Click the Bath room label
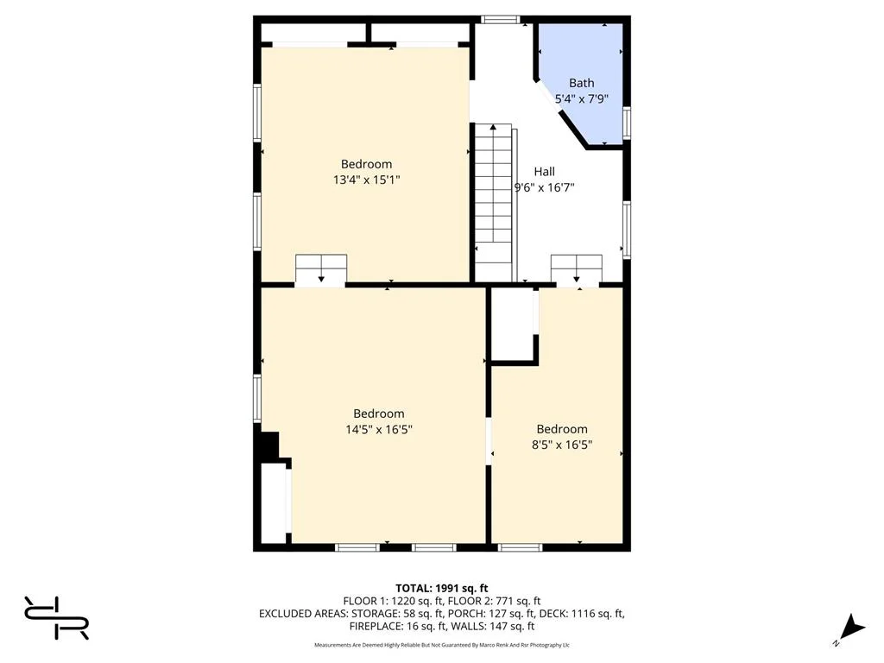click(581, 83)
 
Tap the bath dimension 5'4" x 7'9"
click(581, 98)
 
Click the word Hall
click(544, 171)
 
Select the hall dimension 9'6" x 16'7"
click(544, 186)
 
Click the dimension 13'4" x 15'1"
click(366, 180)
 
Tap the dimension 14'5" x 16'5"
click(378, 429)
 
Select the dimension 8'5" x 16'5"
click(562, 445)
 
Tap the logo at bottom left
click(57, 617)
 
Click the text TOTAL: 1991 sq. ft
click(441, 587)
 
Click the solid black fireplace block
click(267, 446)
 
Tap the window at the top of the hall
click(500, 19)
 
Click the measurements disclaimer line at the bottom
click(441, 645)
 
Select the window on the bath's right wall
click(627, 123)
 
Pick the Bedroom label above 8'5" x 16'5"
click(562, 429)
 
